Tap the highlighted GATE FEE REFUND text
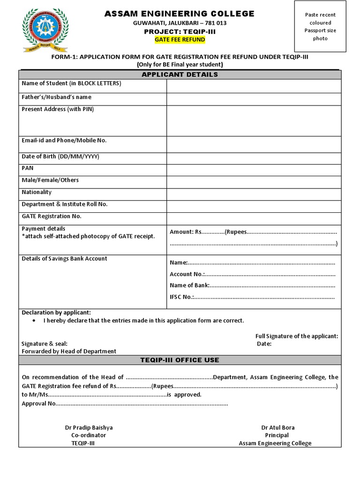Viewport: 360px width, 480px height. coord(180,40)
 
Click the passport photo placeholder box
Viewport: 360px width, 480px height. coord(320,26)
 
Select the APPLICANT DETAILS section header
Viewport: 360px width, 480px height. coord(180,75)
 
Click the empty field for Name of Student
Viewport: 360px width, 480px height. coord(254,86)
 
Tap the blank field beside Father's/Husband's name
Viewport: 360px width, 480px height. coord(254,99)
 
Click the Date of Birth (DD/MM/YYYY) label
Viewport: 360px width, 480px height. coord(60,157)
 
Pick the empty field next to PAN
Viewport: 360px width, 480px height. coord(254,170)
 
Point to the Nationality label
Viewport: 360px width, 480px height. coord(37,192)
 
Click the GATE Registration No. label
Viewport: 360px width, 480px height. coord(52,216)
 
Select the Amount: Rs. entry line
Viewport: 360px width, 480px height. coord(253,232)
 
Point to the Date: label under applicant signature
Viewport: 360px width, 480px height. coord(264,344)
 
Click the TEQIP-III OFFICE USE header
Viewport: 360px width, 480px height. coord(180,360)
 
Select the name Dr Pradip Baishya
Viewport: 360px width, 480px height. coord(89,427)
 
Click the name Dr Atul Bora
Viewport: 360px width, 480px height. coord(278,427)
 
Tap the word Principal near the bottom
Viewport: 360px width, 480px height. coord(277,435)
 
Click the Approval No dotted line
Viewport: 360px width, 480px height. coord(141,403)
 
